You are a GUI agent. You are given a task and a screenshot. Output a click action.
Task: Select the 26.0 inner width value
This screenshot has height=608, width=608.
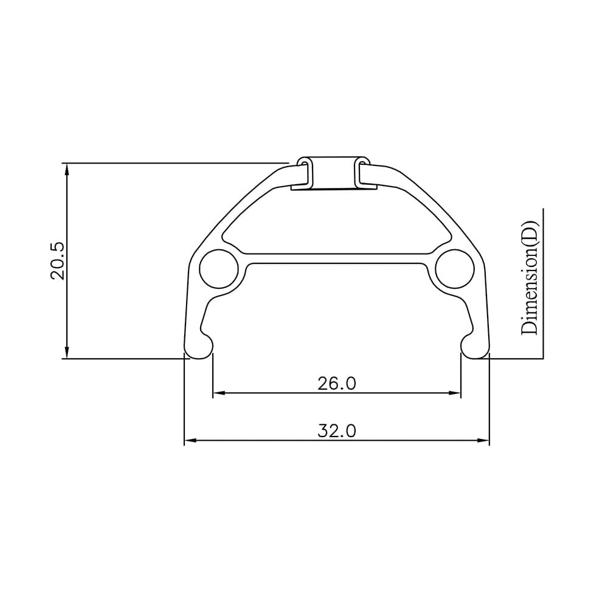tap(336, 384)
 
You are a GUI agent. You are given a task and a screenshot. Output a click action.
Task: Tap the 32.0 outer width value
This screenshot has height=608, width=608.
tap(336, 431)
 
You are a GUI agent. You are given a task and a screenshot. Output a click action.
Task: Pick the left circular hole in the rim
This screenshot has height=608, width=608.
tap(218, 269)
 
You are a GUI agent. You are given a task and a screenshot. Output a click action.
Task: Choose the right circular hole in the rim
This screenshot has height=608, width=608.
tap(454, 269)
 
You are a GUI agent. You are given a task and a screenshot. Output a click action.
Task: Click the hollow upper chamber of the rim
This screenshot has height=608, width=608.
tap(336, 222)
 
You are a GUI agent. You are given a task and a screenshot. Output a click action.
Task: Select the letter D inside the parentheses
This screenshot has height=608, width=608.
tap(530, 233)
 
